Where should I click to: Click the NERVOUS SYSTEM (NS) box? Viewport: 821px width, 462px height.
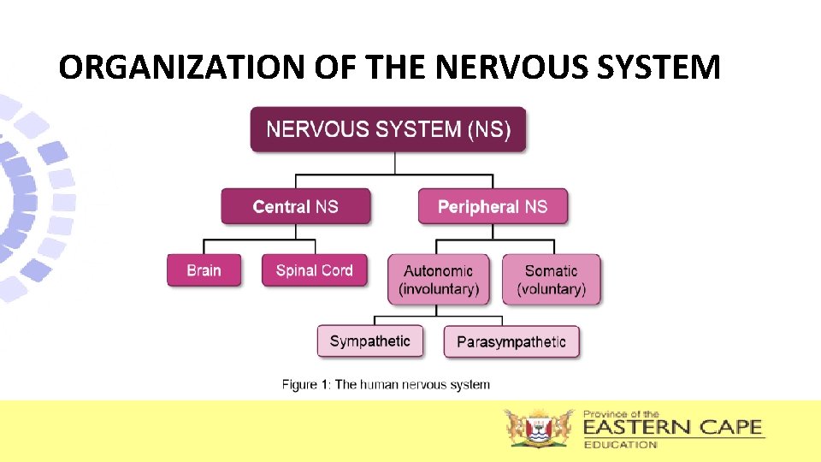click(x=388, y=130)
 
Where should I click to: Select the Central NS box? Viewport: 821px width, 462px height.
click(x=296, y=206)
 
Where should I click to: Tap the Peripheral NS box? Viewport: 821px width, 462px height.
click(x=493, y=206)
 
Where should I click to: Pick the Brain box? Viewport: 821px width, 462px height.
click(x=204, y=270)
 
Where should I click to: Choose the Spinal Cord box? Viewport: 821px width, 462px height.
click(x=314, y=270)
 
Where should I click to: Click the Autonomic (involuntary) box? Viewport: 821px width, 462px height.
click(x=438, y=280)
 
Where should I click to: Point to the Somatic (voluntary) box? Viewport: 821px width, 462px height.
click(x=552, y=280)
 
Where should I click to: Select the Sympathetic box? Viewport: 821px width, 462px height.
click(x=369, y=341)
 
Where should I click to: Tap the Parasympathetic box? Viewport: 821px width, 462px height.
click(x=511, y=342)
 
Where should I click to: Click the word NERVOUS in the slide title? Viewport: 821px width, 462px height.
click(x=485, y=67)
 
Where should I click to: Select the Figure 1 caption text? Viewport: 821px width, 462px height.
click(x=386, y=384)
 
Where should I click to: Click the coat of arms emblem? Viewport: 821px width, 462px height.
click(x=539, y=428)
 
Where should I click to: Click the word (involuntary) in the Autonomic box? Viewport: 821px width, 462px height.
click(x=438, y=289)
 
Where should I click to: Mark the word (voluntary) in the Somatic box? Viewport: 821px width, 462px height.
click(x=552, y=289)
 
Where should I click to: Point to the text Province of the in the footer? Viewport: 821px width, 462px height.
click(x=621, y=413)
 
